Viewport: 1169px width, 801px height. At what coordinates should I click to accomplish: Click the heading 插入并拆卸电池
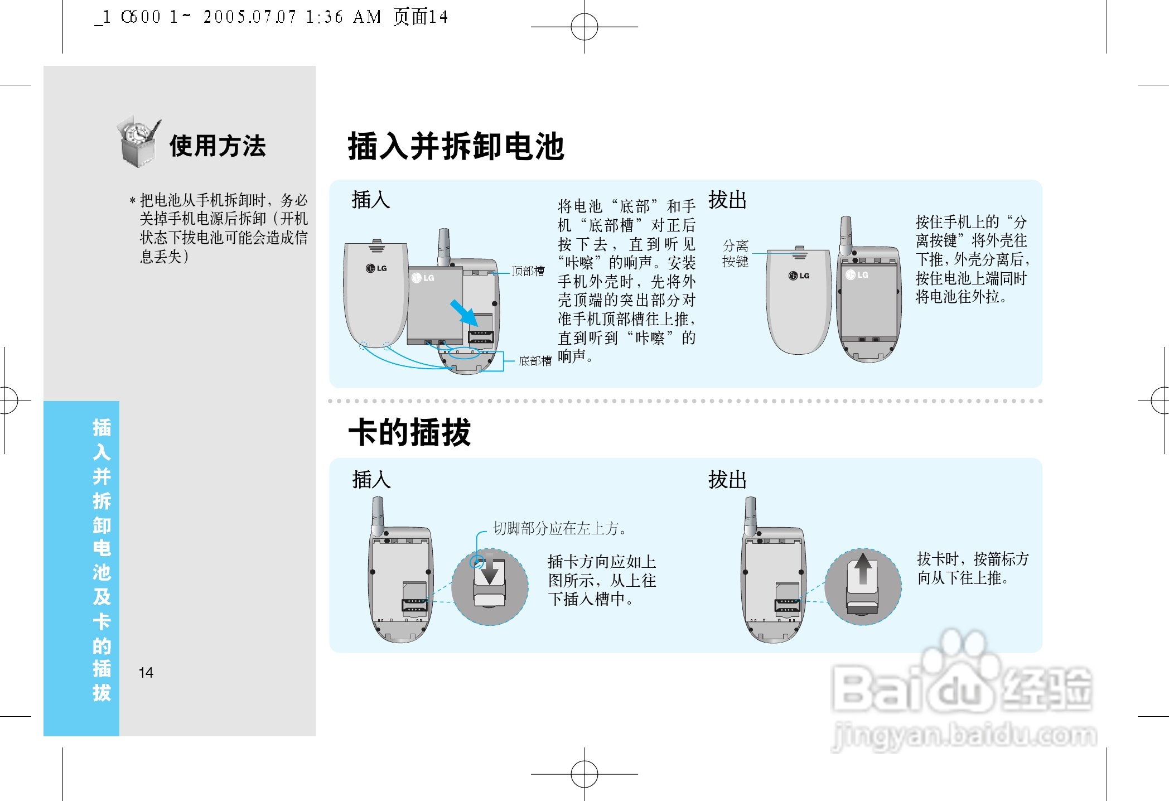(x=456, y=147)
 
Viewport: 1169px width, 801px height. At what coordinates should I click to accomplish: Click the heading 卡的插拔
(x=410, y=433)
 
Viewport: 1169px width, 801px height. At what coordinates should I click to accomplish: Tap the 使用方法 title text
(x=218, y=146)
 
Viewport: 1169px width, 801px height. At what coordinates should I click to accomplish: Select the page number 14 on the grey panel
(x=146, y=673)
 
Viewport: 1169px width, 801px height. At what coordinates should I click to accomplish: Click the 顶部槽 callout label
(x=528, y=272)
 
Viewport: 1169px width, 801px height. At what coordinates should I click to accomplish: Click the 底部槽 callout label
(x=534, y=361)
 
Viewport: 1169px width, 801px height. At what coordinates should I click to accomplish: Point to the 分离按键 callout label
(x=735, y=254)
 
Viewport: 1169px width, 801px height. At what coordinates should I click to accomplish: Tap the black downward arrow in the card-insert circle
(x=490, y=572)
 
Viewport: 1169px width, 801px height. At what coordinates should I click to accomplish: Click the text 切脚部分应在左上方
(x=560, y=528)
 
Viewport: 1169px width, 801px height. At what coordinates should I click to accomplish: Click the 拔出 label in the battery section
(x=727, y=200)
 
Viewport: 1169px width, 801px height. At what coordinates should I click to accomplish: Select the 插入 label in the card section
(x=371, y=480)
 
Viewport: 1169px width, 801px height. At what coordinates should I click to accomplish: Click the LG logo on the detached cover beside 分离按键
(x=799, y=276)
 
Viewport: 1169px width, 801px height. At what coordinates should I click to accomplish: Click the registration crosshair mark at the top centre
(x=584, y=26)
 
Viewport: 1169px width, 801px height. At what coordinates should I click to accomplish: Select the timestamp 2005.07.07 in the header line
(x=249, y=17)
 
